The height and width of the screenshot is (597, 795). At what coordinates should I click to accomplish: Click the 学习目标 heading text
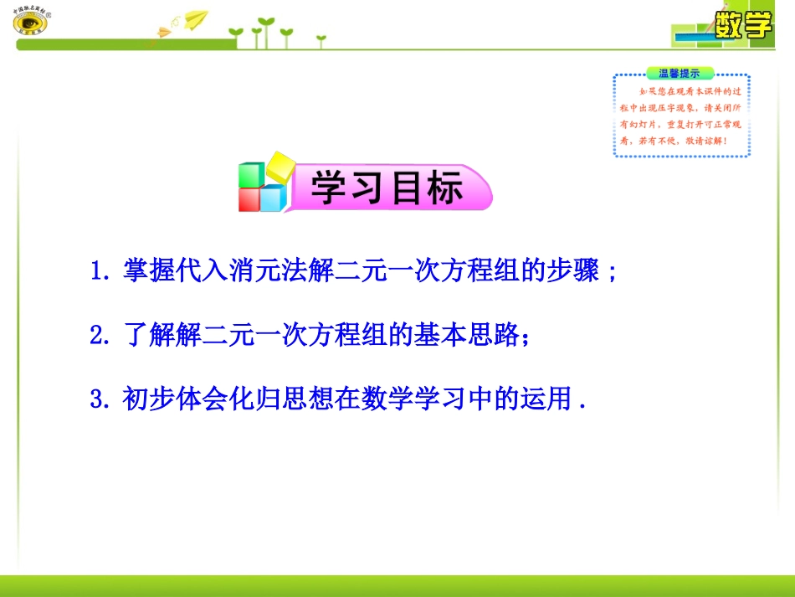387,188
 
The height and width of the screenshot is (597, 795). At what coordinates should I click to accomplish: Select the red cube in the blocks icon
250,199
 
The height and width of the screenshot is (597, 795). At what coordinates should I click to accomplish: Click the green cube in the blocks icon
251,174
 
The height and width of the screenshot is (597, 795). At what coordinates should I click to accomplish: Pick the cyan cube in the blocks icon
273,198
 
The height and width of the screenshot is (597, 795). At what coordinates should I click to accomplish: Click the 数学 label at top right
742,25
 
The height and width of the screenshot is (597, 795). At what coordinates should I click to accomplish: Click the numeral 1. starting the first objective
100,272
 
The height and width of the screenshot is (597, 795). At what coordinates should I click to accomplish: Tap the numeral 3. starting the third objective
100,398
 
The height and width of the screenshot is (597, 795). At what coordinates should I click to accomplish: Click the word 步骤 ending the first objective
578,272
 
